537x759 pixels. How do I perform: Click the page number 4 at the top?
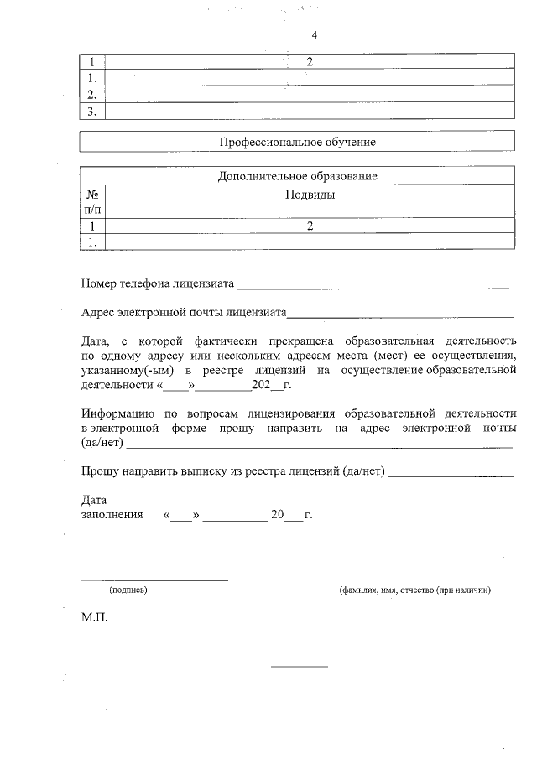pos(314,35)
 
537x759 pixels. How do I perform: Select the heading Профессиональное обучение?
pos(297,143)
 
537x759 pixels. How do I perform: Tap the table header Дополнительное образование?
pos(297,176)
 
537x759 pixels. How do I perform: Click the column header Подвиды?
pos(310,195)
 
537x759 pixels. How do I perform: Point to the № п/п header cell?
pos(93,201)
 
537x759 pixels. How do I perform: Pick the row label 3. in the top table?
pos(93,111)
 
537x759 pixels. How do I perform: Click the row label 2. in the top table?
pos(93,94)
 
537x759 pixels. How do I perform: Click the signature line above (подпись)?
pos(154,580)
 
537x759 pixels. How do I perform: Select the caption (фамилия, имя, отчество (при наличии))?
pos(414,590)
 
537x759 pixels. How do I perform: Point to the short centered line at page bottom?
pos(299,667)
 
